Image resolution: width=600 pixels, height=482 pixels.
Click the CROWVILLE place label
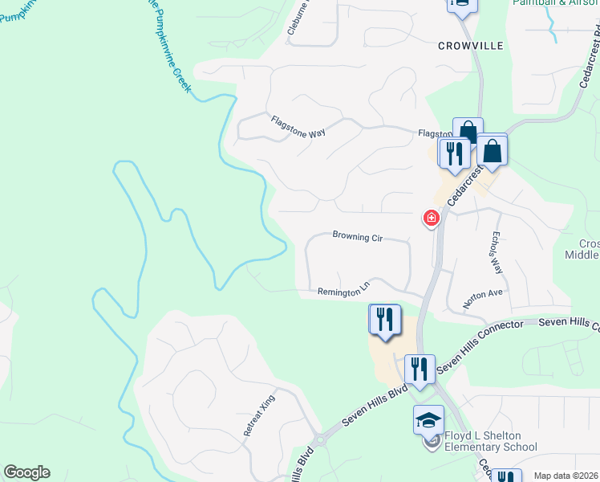(470, 46)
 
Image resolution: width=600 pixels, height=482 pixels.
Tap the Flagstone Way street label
(298, 127)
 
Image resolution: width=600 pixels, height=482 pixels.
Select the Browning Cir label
(357, 237)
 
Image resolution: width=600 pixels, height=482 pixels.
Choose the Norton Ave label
(483, 299)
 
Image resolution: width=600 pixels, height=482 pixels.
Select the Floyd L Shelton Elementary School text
(490, 441)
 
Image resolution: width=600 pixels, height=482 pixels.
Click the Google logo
(26, 472)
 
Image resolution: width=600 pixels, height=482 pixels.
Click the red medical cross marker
(432, 218)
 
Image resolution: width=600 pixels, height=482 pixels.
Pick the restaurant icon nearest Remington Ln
(384, 320)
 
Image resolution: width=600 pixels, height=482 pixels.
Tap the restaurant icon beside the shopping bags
(454, 153)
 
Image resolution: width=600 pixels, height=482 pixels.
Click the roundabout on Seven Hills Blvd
(322, 439)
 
